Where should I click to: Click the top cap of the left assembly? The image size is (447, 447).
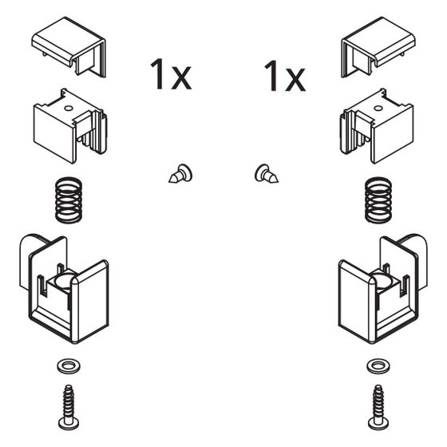pos(69,45)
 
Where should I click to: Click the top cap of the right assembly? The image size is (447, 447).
pos(378,45)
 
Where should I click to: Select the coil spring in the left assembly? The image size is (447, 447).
pos(69,200)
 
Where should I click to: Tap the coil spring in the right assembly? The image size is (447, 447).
pos(378,200)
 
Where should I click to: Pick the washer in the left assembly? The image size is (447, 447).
pos(69,366)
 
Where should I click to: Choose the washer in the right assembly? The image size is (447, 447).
pos(378,366)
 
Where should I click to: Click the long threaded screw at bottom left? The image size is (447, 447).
pos(69,407)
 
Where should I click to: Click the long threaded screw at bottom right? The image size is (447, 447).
pos(378,407)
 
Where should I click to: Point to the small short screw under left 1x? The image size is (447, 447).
pos(180,174)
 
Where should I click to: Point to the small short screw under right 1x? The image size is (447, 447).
pos(267,174)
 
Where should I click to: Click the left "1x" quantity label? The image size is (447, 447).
pos(171,74)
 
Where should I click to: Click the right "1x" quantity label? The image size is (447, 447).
pos(285,76)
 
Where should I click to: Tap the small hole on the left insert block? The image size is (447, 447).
pos(69,108)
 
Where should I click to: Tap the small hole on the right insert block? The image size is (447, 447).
pos(378,108)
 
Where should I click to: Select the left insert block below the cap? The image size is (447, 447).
pos(70,125)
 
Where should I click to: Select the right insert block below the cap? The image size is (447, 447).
pos(377,125)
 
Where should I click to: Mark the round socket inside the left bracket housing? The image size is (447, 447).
pos(63,281)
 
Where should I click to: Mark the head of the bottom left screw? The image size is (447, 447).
pos(69,424)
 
